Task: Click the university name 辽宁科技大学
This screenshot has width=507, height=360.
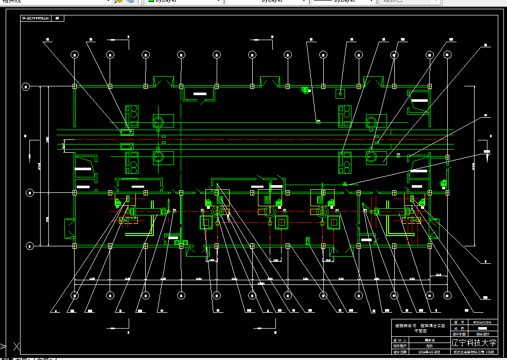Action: [474, 343]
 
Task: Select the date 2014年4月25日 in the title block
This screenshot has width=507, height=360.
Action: [429, 352]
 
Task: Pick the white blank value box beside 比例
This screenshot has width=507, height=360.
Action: [482, 328]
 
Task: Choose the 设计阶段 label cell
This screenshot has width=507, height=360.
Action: [460, 334]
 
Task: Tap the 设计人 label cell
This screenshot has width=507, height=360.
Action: [400, 340]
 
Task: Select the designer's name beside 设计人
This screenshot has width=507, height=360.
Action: [429, 340]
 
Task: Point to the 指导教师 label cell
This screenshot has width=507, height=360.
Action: [400, 346]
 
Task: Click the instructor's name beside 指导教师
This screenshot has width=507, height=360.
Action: [429, 346]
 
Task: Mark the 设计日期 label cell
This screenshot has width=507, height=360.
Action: [400, 352]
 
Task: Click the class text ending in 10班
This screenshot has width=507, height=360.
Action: [474, 352]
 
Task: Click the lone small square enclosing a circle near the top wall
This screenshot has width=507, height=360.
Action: [340, 93]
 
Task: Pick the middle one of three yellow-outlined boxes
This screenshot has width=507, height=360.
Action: [270, 198]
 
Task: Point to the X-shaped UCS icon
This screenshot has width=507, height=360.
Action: [15, 347]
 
